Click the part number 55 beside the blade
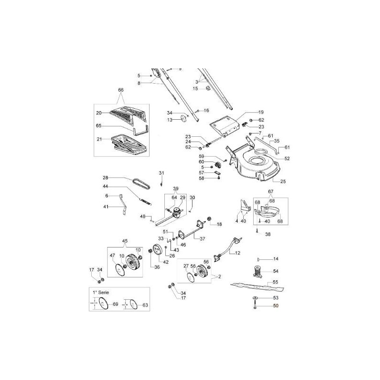[x=275, y=282]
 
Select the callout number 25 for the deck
[x=283, y=181]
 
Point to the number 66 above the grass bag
[x=121, y=90]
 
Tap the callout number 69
[x=115, y=304]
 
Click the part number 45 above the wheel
[x=125, y=240]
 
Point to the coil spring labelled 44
[x=145, y=201]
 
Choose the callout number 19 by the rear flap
[x=260, y=112]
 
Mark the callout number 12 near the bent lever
[x=237, y=253]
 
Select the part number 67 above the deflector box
[x=271, y=191]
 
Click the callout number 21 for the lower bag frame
[x=99, y=139]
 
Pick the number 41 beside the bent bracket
[x=107, y=207]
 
